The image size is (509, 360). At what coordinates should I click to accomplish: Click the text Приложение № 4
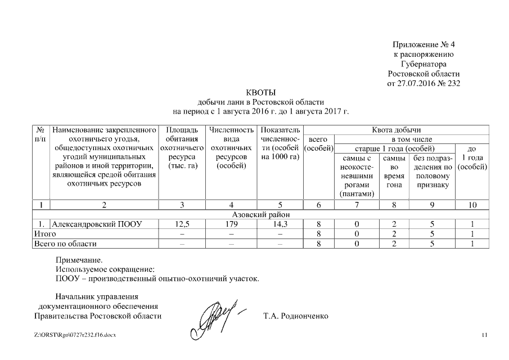coord(423,44)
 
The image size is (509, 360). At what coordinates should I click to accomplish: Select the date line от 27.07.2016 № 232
coord(424,83)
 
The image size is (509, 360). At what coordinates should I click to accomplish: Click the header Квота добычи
coord(396,130)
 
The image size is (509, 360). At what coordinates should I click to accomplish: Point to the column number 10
coord(472,205)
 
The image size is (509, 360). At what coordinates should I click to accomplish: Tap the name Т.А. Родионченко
coord(295,316)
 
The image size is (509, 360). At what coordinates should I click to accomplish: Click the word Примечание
coord(79,260)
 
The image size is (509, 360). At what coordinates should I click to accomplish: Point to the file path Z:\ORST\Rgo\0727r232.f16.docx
coord(74,336)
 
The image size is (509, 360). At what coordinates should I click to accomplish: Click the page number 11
coord(485,336)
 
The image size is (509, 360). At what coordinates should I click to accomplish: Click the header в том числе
coord(412,139)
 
